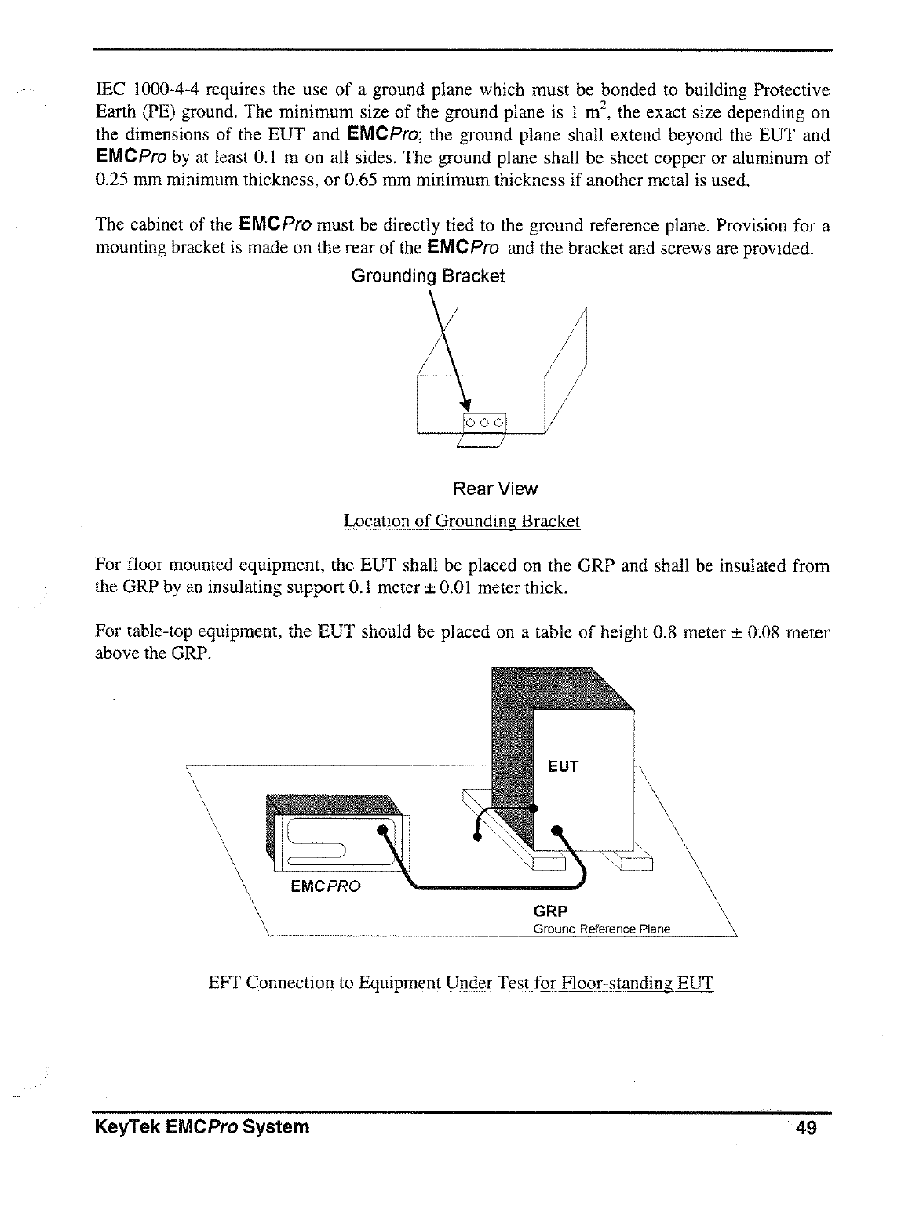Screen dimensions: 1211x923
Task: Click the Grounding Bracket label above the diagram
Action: point(427,277)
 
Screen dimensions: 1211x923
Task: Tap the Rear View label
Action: point(494,489)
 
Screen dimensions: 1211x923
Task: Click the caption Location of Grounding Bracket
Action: point(461,522)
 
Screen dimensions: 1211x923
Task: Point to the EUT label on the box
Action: point(563,766)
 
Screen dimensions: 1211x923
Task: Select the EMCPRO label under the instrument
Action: point(326,886)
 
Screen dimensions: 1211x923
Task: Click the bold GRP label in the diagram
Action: point(549,911)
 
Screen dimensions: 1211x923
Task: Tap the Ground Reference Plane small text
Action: point(601,929)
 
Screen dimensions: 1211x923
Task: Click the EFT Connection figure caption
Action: point(461,983)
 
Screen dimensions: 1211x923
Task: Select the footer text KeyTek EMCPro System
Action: point(202,1128)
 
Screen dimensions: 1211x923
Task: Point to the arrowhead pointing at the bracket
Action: point(464,405)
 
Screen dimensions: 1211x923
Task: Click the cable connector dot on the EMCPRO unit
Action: point(382,830)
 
